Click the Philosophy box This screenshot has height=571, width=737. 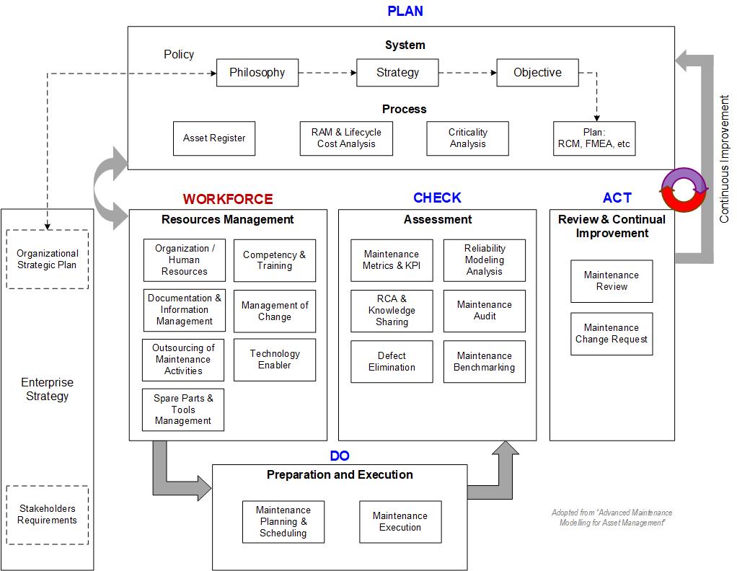[x=257, y=73]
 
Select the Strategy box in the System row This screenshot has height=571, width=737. [x=397, y=73]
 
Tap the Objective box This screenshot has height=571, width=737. [x=537, y=73]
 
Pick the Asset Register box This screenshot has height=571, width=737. [x=213, y=138]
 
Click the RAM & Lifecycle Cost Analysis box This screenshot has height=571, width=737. [x=346, y=138]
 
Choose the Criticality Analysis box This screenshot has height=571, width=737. [x=467, y=138]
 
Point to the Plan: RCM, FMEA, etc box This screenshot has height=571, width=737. [x=593, y=138]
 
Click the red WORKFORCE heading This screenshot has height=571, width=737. [x=228, y=199]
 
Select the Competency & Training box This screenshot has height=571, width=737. [x=274, y=260]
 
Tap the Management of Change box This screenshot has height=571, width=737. [x=274, y=311]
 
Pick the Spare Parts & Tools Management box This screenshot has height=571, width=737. [x=183, y=410]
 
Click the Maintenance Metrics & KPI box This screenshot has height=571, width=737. [x=392, y=260]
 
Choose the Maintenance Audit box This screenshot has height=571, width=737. [x=485, y=311]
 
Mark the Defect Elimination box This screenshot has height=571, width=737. [x=392, y=362]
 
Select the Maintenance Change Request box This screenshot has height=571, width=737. [x=612, y=334]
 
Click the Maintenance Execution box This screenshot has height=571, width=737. [x=400, y=522]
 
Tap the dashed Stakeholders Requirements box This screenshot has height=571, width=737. [x=47, y=515]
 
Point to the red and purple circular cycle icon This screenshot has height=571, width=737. [x=684, y=190]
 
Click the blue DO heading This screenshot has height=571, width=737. [x=340, y=456]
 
